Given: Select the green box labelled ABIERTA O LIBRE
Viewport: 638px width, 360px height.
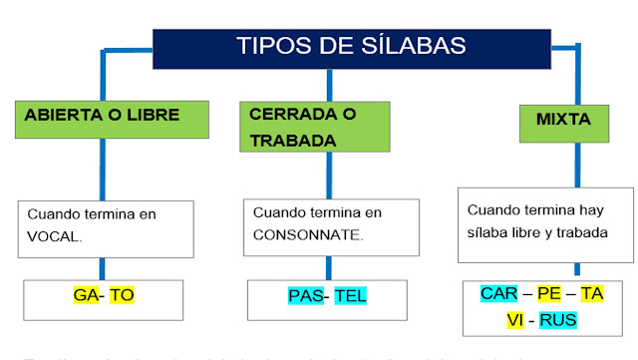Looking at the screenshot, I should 103,116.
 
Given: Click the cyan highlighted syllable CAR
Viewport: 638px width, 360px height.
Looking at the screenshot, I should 498,293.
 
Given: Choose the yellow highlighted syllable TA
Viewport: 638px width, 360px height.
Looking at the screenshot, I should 593,293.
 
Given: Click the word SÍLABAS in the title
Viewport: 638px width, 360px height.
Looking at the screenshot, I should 408,46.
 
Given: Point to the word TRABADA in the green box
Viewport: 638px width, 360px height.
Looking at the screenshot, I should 293,141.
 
